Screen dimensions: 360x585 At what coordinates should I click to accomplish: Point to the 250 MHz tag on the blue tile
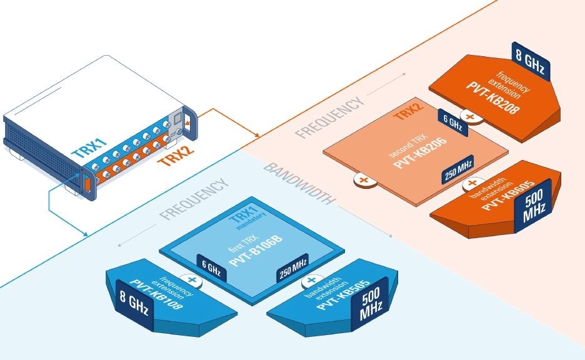pos(292,272)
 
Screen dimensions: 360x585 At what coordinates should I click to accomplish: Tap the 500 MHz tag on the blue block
pos(371,306)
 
